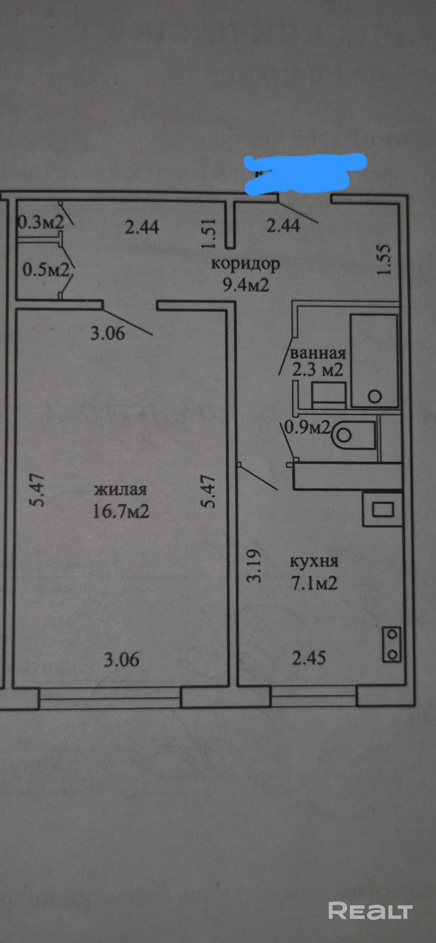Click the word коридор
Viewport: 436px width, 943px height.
[x=245, y=264]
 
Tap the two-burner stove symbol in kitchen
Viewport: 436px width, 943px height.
[x=391, y=644]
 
